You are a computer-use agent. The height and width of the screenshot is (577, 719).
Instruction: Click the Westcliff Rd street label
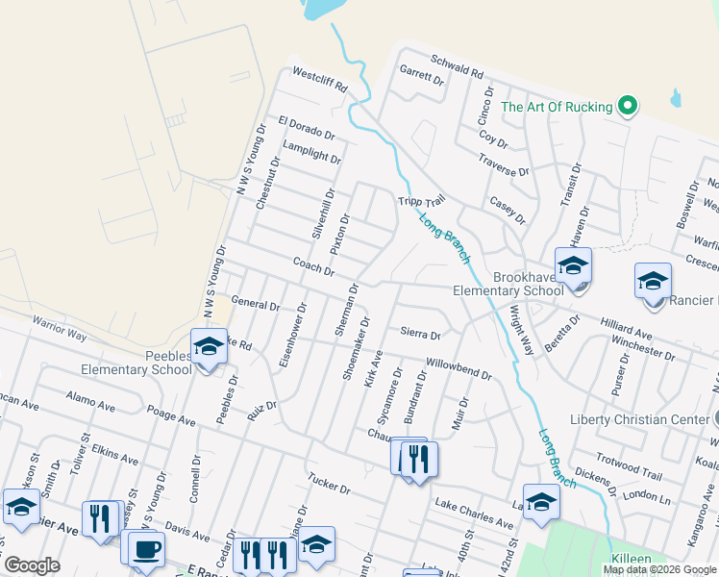click(318, 78)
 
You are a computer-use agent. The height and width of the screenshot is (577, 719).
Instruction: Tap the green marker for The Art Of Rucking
click(628, 106)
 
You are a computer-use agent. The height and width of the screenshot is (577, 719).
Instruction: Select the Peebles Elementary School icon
click(208, 346)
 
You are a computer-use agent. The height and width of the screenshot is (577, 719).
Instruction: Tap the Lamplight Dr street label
click(311, 152)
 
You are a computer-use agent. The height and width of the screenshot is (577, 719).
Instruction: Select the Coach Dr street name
click(313, 266)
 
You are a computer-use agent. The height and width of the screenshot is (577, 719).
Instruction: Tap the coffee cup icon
click(146, 550)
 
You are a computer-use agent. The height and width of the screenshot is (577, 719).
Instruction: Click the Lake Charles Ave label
click(474, 514)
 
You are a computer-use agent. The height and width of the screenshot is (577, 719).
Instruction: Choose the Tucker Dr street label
click(329, 483)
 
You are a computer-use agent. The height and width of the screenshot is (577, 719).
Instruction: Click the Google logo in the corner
click(32, 565)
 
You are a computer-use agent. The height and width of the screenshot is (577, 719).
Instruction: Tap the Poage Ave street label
click(171, 416)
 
